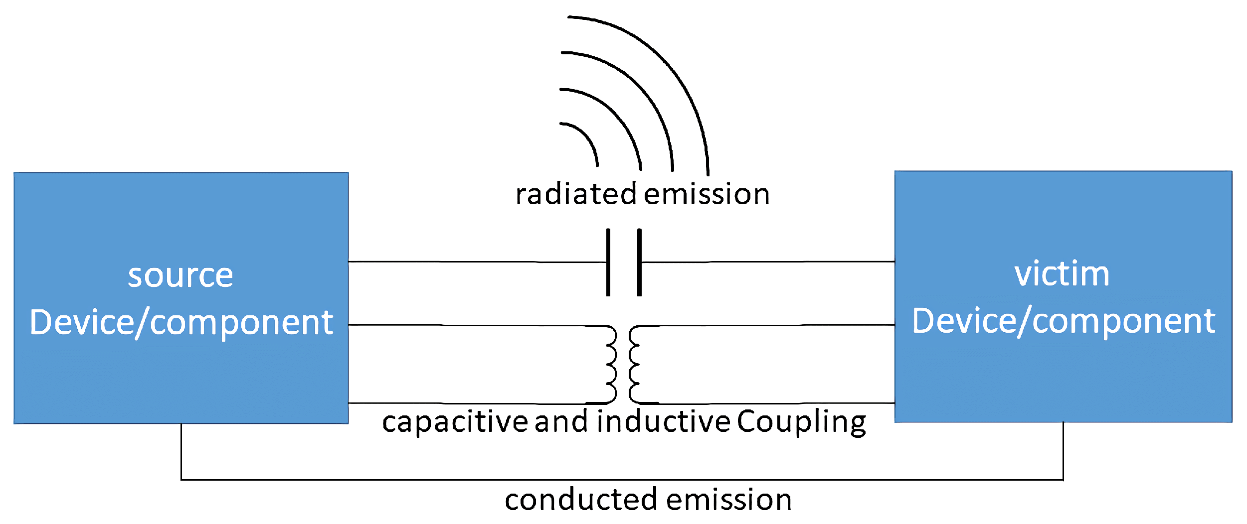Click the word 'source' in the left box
coord(180,275)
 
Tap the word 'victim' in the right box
coord(1062,274)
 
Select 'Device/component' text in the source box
coord(181,323)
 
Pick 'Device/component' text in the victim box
coord(1063,321)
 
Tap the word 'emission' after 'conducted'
coord(728,500)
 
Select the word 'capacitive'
coord(455,422)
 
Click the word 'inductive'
coord(664,421)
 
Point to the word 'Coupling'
coord(801,422)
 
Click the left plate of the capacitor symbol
coord(608,262)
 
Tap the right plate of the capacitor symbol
coord(639,262)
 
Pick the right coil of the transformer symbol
coord(634,364)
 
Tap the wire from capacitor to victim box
coord(768,262)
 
